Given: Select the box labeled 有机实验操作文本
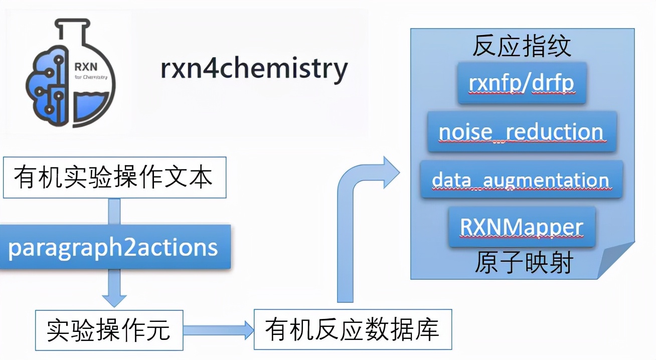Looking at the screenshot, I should (x=114, y=177).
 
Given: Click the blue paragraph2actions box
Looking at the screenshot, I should (x=115, y=247).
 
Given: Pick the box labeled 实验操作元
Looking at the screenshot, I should (x=109, y=330).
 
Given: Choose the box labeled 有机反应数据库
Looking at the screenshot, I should (x=353, y=329).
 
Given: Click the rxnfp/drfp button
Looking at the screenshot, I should (x=522, y=83).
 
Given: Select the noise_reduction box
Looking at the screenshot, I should (x=522, y=132).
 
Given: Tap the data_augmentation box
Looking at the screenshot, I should (x=521, y=179).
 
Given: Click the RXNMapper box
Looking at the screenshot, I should (x=522, y=227).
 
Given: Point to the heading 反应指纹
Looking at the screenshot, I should (x=522, y=47).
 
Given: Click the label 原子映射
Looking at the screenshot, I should (x=524, y=263).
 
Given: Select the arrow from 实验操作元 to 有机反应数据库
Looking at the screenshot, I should (x=219, y=330).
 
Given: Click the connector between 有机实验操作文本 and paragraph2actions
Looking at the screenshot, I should (x=114, y=211).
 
